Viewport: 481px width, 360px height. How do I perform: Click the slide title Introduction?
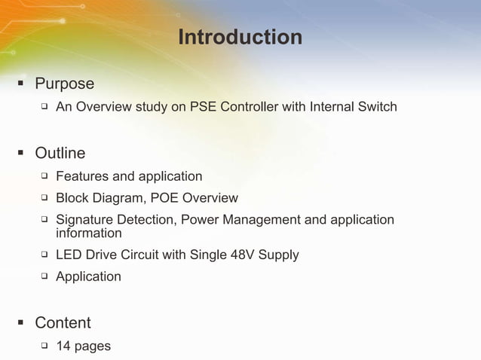pos(240,37)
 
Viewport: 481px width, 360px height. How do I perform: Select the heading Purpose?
pos(64,84)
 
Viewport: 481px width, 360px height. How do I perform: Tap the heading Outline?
pos(60,153)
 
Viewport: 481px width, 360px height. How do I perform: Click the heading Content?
pos(63,322)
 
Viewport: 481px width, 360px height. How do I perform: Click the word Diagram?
pos(117,198)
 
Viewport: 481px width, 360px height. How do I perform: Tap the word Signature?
pos(85,220)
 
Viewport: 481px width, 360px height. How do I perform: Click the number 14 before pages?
pos(63,346)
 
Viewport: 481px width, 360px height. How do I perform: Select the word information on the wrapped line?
pos(88,233)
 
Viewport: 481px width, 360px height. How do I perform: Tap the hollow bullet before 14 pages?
pos(44,346)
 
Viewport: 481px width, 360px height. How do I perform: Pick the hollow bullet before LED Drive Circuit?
pos(44,255)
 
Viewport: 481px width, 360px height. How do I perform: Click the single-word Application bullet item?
pos(88,276)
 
